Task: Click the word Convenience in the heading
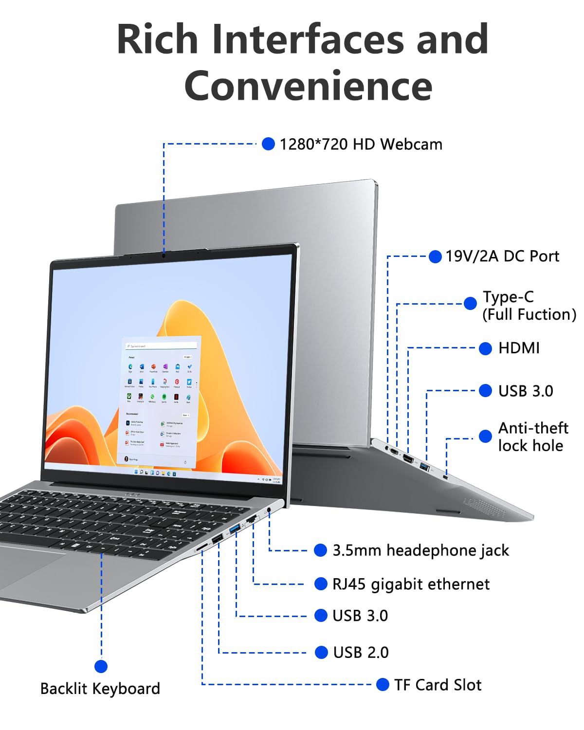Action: pos(308,86)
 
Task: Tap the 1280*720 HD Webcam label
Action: pos(361,144)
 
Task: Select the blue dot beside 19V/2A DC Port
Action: pos(435,256)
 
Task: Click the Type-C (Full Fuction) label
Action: pos(529,306)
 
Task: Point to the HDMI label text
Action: pos(519,348)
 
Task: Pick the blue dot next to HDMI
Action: pos(485,348)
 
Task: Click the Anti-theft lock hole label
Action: pos(532,437)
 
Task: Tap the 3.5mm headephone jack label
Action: pos(420,550)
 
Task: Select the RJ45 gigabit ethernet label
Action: pos(411,584)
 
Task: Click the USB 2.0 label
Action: pos(361,652)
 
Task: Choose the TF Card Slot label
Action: pos(438,685)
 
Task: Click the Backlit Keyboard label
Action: pos(100,689)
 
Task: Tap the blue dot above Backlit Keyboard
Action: pos(101,666)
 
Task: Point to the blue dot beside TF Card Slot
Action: pos(383,685)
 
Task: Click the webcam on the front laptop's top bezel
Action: pos(164,254)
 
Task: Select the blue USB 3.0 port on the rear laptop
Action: pos(424,467)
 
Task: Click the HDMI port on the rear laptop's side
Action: pos(408,459)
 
